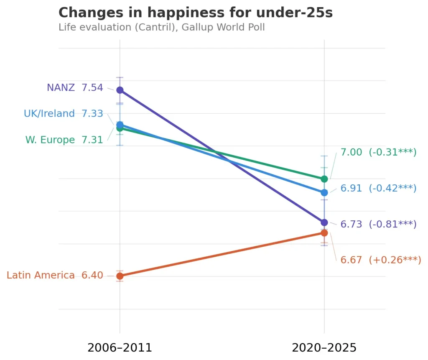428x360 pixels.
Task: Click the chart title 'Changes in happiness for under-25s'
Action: point(196,13)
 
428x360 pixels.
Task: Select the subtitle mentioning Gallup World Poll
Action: point(161,28)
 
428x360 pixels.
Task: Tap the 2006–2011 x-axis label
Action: point(120,348)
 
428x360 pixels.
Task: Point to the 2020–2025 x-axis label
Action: point(324,348)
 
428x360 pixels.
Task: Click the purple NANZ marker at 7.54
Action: point(120,90)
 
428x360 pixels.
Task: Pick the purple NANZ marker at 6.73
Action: point(324,222)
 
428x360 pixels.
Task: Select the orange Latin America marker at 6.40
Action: point(120,276)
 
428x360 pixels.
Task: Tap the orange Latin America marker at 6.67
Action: point(324,232)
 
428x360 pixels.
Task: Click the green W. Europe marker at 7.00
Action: point(324,179)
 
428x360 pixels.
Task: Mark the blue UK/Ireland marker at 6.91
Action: point(324,193)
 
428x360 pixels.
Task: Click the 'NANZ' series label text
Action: point(61,88)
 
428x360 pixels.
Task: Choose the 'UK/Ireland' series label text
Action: point(49,114)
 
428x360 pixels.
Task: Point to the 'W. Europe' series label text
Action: point(50,140)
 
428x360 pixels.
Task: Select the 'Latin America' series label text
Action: point(41,276)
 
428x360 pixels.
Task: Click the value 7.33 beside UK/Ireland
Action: point(92,114)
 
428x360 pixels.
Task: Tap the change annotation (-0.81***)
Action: point(392,225)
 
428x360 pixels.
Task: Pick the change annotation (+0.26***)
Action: point(395,260)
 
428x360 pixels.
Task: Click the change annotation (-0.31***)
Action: point(392,153)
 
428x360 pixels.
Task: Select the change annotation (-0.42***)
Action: point(392,189)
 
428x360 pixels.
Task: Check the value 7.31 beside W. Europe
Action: point(92,140)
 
